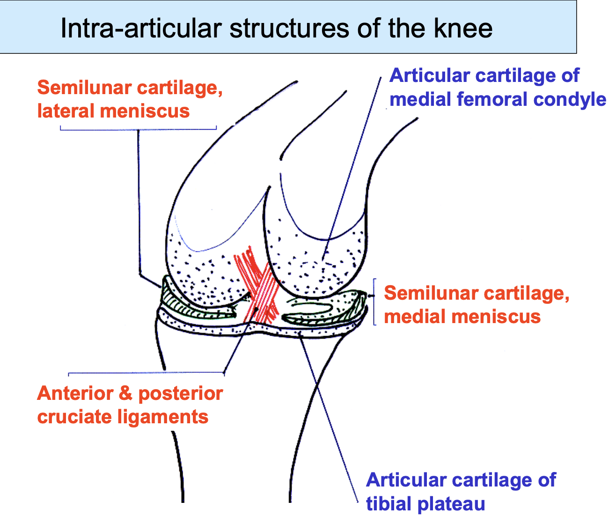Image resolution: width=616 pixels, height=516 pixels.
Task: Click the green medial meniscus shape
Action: click(x=328, y=311)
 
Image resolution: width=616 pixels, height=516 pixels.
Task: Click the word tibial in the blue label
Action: click(x=389, y=504)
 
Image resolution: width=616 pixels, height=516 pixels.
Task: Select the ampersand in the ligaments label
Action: click(x=125, y=393)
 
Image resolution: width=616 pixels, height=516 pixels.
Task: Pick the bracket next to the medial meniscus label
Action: click(x=374, y=302)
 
